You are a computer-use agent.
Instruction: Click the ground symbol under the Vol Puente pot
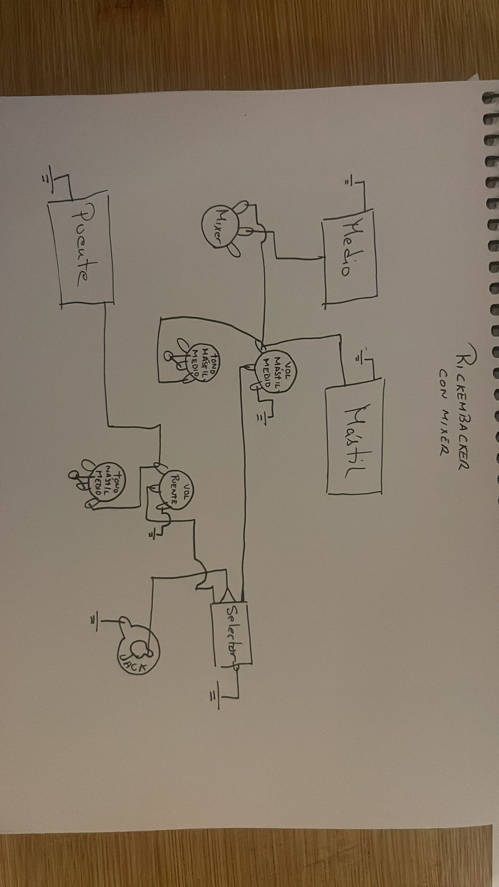[151, 534]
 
